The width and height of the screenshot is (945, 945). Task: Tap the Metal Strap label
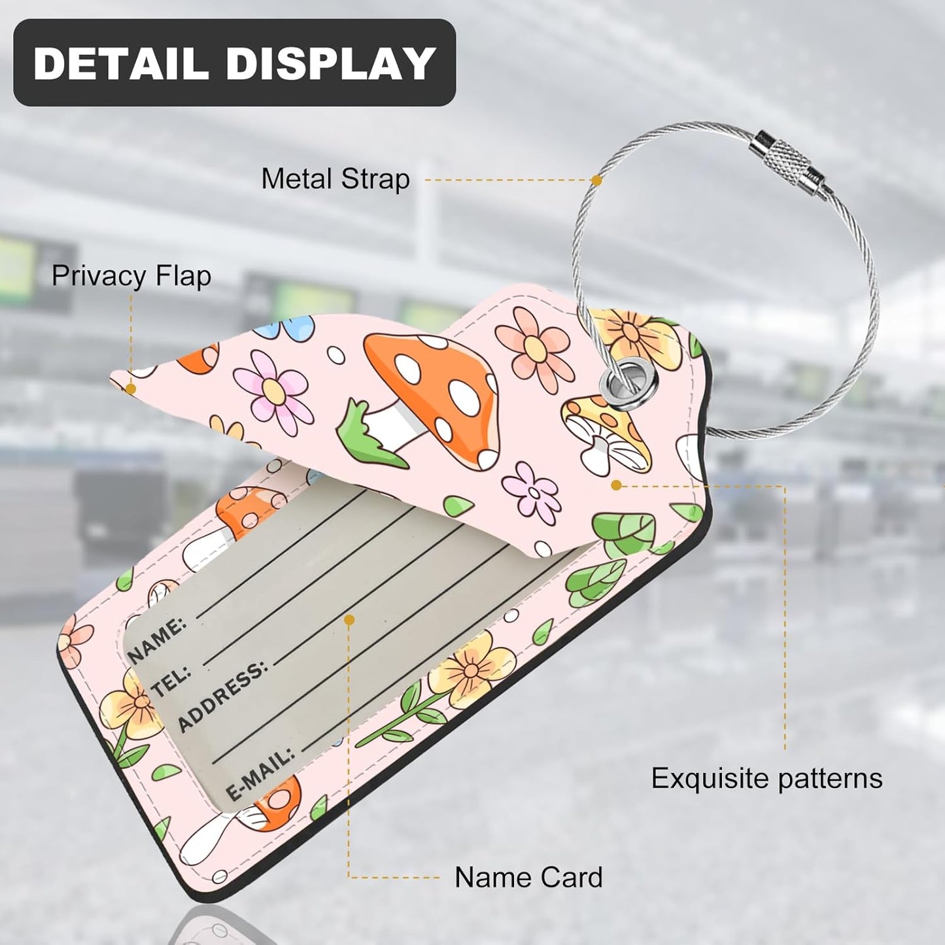pyautogui.click(x=335, y=179)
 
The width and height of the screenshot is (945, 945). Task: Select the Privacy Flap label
pyautogui.click(x=131, y=276)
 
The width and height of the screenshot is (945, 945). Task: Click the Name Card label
pyautogui.click(x=528, y=877)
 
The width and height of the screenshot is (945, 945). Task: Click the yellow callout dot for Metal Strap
pyautogui.click(x=597, y=180)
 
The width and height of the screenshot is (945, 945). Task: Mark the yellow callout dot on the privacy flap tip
pyautogui.click(x=130, y=389)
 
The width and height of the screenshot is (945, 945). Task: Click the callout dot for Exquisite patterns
pyautogui.click(x=617, y=485)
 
